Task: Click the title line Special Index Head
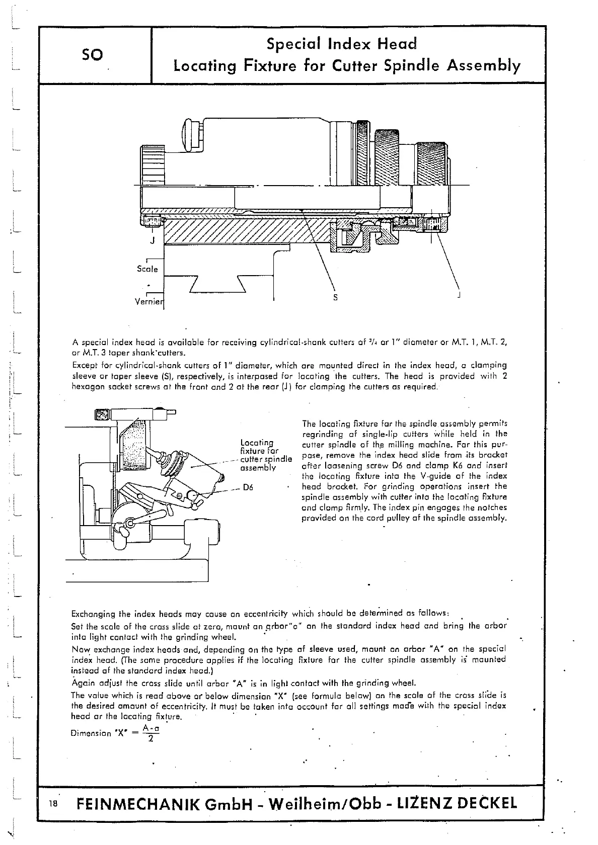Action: [x=342, y=44]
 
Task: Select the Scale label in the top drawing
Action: [x=147, y=269]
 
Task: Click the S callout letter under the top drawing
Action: [x=336, y=297]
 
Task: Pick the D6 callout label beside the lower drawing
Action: [x=248, y=487]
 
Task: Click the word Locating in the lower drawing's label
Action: [x=257, y=443]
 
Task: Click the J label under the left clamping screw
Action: [x=152, y=240]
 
